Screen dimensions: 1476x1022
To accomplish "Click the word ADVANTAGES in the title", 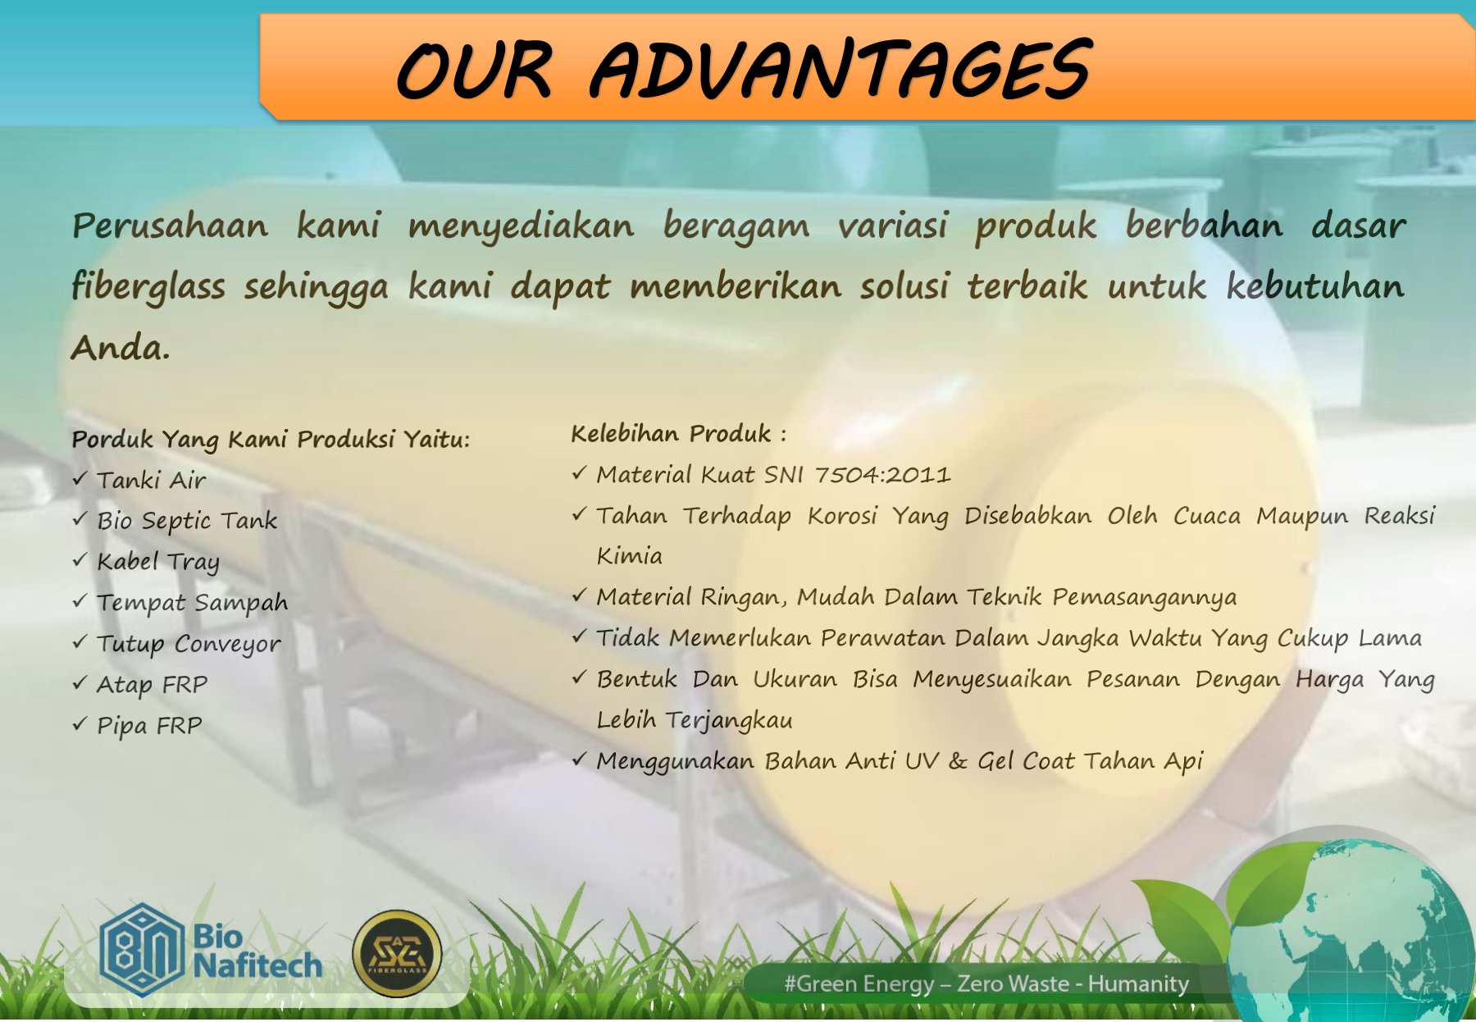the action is (840, 70).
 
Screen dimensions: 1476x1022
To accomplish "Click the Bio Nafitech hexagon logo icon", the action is (141, 950).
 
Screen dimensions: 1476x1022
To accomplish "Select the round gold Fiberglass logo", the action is (397, 953).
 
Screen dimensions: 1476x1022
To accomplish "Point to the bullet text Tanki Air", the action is (151, 480).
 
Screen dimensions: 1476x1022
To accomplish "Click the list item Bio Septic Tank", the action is (187, 521).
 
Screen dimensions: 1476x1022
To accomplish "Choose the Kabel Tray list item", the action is (158, 562).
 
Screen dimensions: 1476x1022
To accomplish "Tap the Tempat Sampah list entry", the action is (192, 603).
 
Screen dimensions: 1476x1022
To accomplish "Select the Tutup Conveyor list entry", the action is (189, 644).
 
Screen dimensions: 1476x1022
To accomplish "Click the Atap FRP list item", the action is (152, 684).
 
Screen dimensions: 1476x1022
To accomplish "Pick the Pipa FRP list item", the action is (149, 725).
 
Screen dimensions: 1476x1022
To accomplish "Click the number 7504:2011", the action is (882, 475).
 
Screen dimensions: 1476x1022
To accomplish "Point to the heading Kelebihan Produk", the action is (678, 433).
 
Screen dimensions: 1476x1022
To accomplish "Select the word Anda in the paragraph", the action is (120, 347).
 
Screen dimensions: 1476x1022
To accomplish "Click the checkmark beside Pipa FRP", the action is (80, 723).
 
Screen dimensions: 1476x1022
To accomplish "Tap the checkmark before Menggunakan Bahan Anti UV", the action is (579, 760).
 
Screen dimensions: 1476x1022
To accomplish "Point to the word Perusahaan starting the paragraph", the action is (170, 226).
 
